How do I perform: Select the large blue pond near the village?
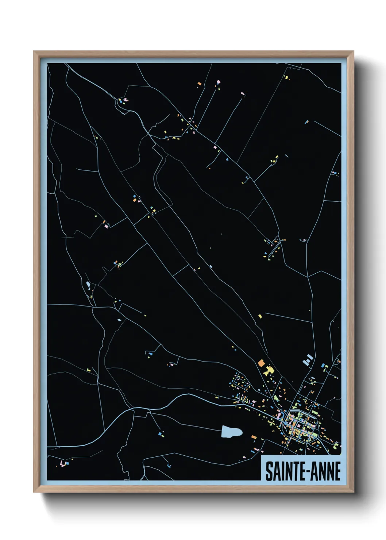click(x=231, y=432)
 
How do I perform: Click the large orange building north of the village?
click(x=261, y=363)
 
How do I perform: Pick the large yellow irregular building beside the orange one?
click(x=269, y=371)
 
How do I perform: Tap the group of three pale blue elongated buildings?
click(x=308, y=359)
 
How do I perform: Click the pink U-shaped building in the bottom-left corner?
click(x=64, y=464)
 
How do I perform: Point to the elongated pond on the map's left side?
click(x=88, y=285)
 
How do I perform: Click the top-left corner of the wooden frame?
click(x=34, y=52)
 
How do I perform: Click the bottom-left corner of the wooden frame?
click(x=34, y=491)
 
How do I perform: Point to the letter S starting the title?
click(x=269, y=471)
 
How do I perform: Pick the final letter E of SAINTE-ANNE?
click(x=337, y=471)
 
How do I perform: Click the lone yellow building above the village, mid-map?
click(x=260, y=316)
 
